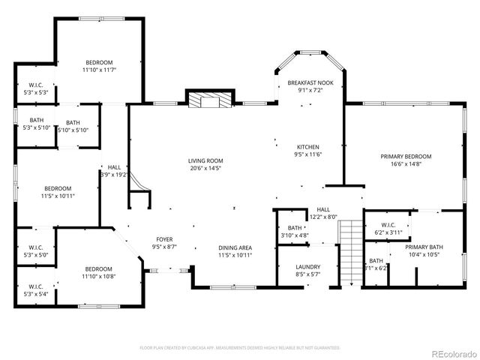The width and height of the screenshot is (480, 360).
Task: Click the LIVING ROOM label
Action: coord(205,160)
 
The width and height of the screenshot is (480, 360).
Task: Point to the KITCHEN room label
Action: coord(308,146)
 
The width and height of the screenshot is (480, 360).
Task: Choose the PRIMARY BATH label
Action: coord(424,247)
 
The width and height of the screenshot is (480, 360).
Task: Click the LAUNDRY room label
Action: coord(307,267)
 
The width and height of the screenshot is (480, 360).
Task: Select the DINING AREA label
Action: coord(235,247)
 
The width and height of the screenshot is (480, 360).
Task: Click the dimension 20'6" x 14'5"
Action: coord(205,168)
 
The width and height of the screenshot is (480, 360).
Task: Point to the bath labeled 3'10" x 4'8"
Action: coord(295,232)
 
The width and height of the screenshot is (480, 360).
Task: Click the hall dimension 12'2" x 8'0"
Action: coord(323,217)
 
